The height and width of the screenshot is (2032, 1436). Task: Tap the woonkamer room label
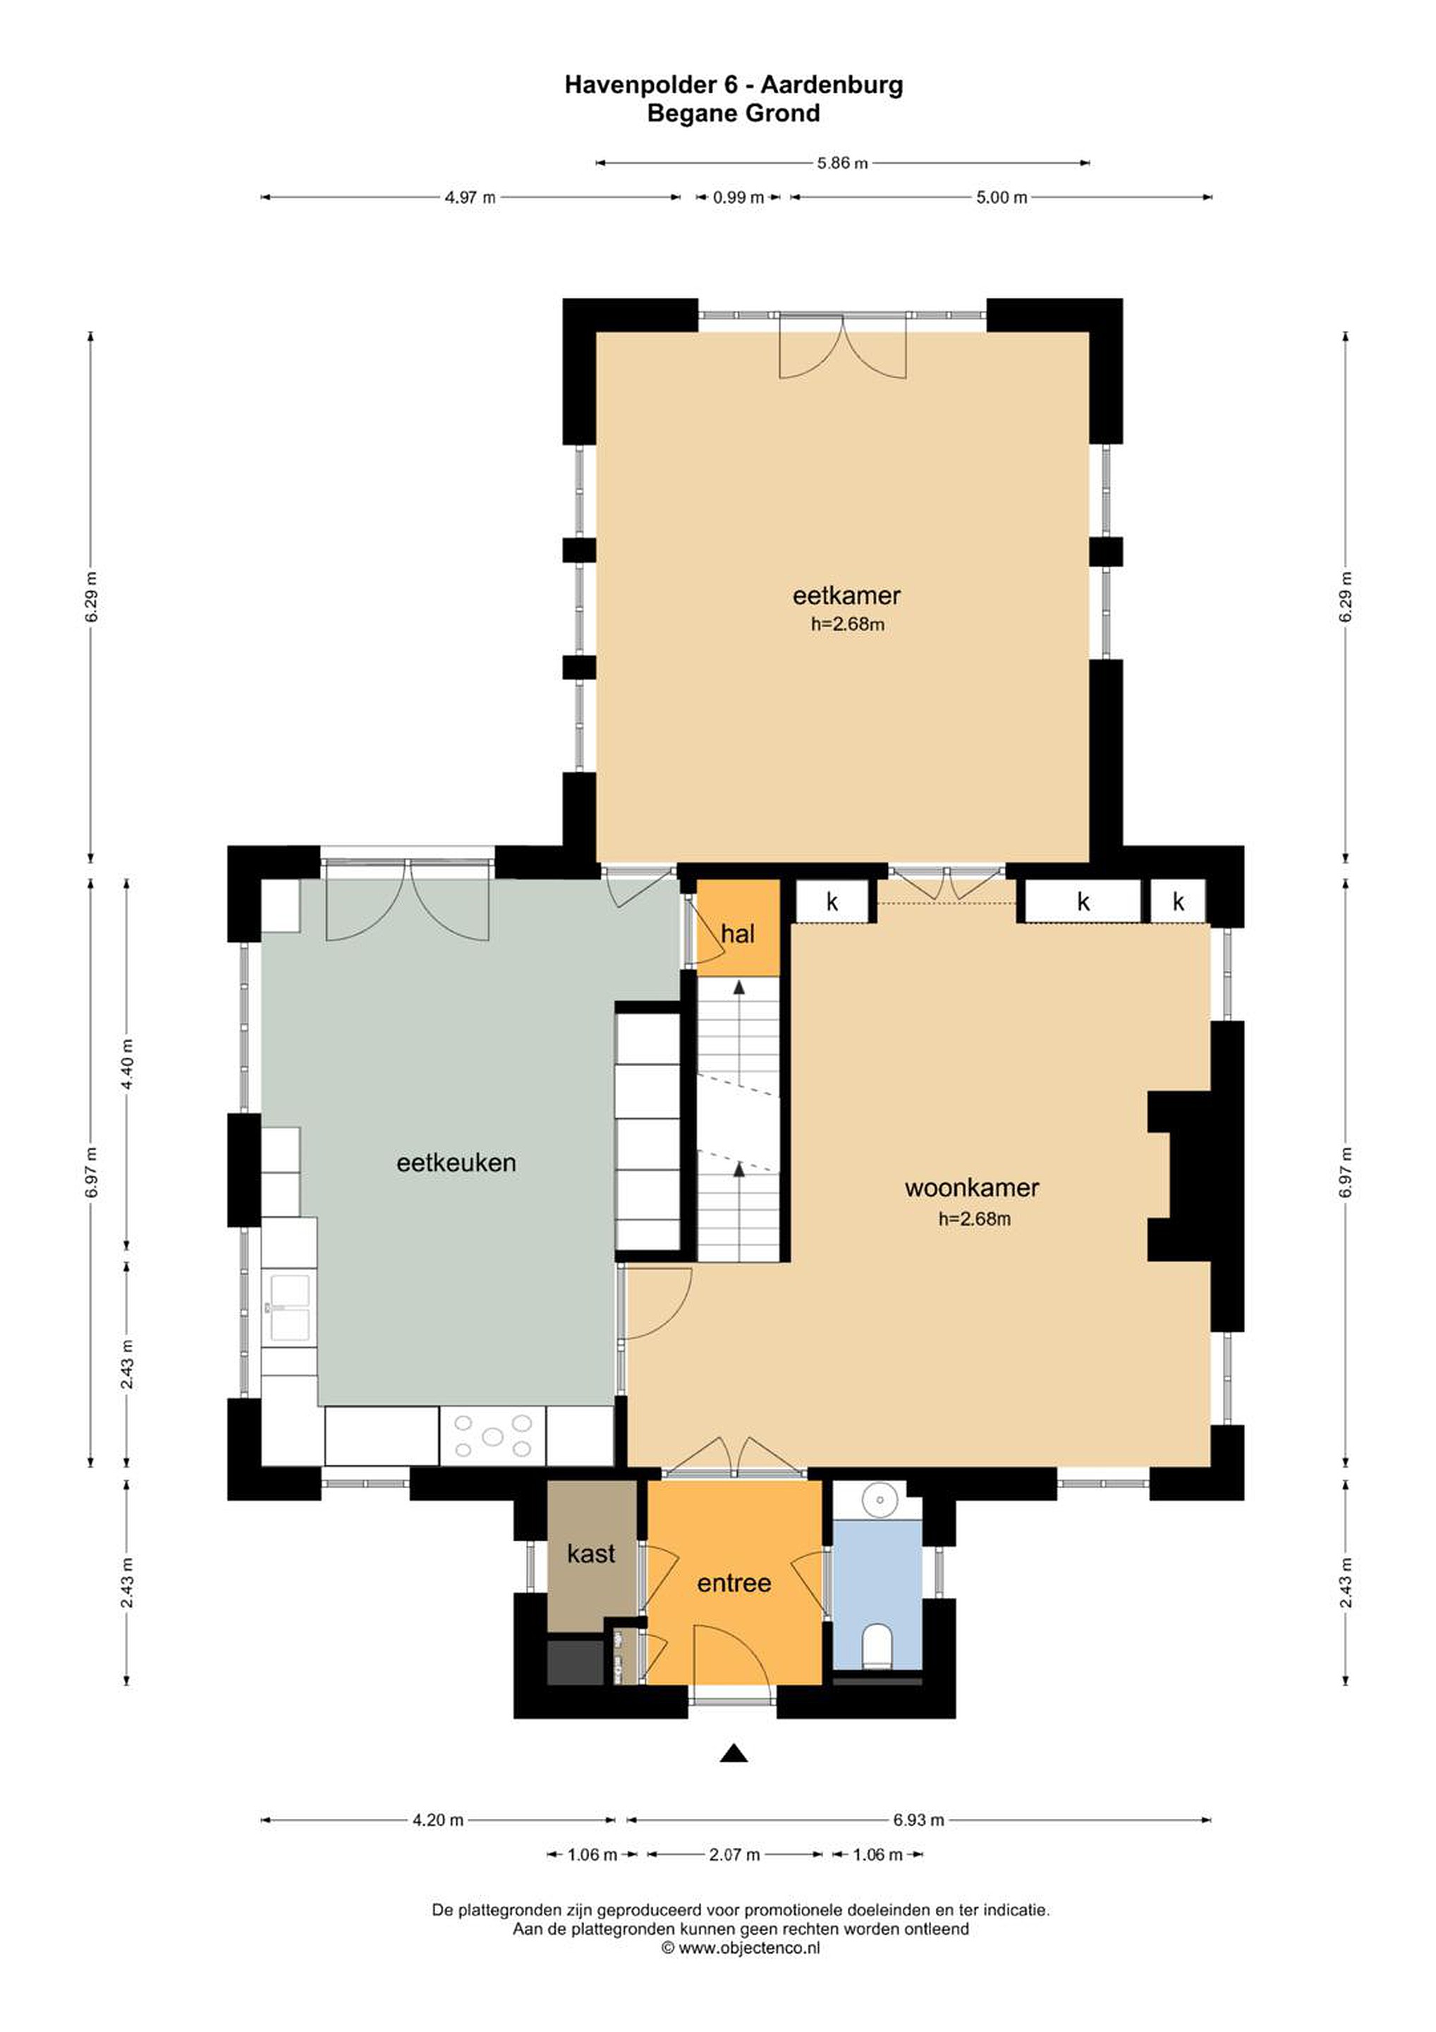tap(970, 1187)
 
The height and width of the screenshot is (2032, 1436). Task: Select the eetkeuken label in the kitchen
tap(456, 1163)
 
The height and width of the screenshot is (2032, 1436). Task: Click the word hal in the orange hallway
tap(737, 933)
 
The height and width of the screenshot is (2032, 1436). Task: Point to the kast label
tap(590, 1553)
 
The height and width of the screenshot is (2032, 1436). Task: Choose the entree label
tap(734, 1583)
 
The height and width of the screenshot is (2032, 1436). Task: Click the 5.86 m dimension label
tap(842, 163)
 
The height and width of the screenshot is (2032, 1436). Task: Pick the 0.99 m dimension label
tap(738, 198)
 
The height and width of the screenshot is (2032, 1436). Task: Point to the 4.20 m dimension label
tap(438, 1820)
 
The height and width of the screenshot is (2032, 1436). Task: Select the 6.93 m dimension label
tap(918, 1820)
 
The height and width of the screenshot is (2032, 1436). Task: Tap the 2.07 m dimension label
tap(734, 1855)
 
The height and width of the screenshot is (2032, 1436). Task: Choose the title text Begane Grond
tap(734, 114)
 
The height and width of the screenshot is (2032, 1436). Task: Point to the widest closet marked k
tap(1082, 902)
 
